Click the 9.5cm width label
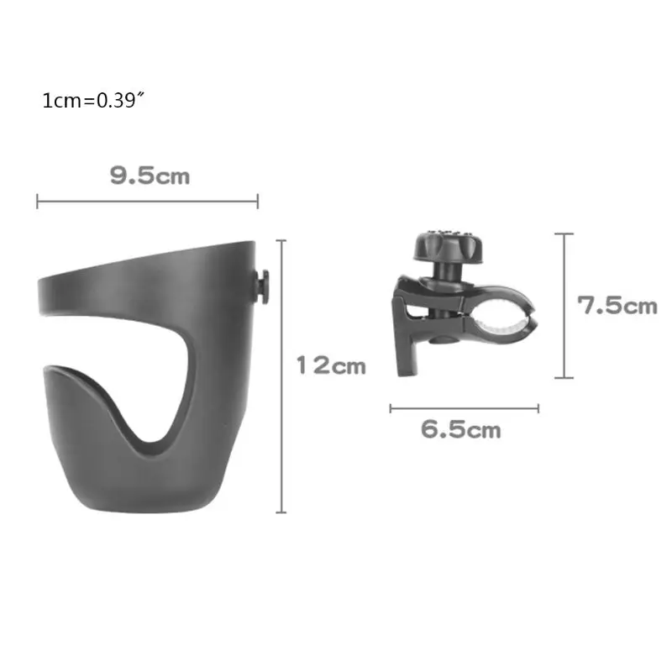(x=150, y=176)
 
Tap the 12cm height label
(x=331, y=365)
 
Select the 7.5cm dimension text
(x=617, y=305)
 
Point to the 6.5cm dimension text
(x=461, y=431)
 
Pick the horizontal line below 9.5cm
(x=147, y=201)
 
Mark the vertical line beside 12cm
(x=281, y=376)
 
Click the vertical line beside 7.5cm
(x=564, y=306)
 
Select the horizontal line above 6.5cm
(x=464, y=409)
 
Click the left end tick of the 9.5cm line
(x=38, y=201)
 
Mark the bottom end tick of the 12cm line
(x=281, y=512)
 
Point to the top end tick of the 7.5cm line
(x=564, y=234)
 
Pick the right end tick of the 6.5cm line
(x=538, y=409)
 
